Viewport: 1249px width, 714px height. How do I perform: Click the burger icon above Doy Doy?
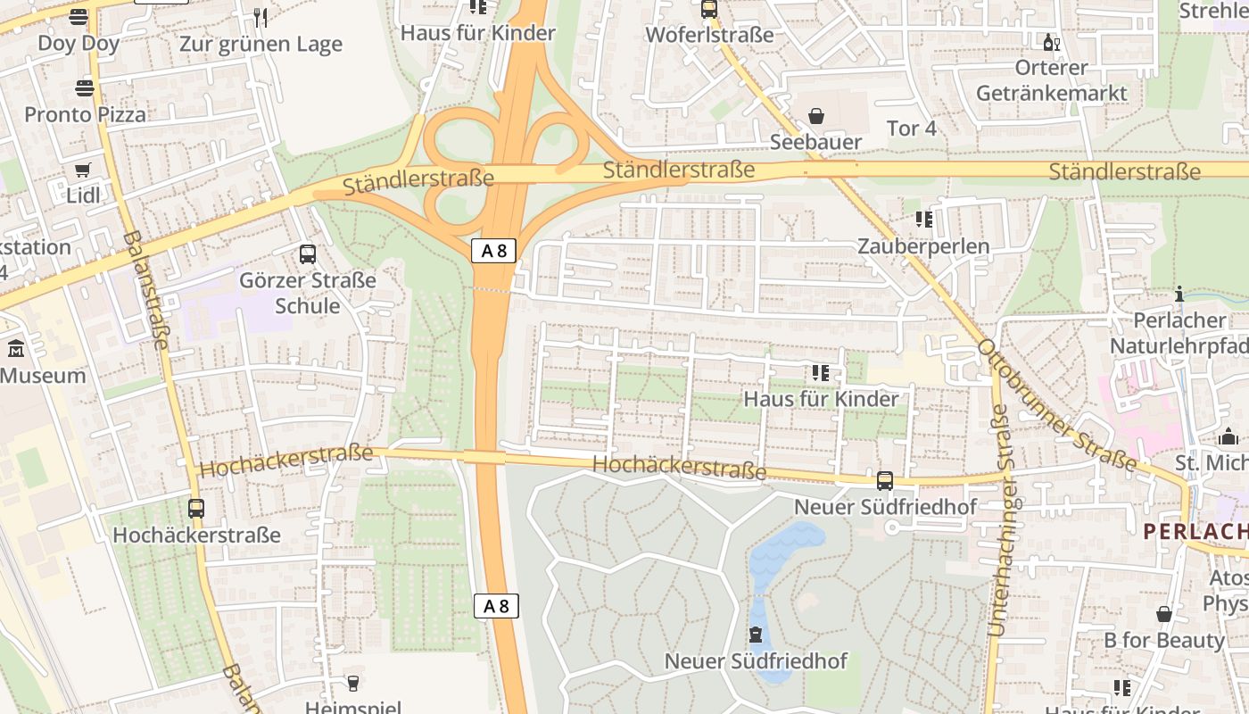point(79,16)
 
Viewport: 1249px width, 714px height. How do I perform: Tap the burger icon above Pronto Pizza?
point(85,87)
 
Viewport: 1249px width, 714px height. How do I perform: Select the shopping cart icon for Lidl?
point(83,170)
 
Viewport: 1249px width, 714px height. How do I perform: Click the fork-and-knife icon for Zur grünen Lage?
point(261,17)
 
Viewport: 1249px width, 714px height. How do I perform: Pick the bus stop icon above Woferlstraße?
point(708,9)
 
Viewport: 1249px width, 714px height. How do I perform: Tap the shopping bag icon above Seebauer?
point(815,116)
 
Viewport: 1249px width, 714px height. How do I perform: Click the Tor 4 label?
point(912,129)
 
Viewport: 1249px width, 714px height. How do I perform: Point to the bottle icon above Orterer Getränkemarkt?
point(1050,42)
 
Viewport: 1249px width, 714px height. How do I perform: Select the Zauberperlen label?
point(923,246)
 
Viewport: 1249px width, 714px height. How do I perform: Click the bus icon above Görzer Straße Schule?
point(308,254)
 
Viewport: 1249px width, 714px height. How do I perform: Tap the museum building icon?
point(16,349)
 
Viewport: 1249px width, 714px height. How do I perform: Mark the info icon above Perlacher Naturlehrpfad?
point(1179,294)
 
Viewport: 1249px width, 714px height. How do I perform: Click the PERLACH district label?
point(1195,532)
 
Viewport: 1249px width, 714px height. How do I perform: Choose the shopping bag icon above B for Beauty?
point(1164,614)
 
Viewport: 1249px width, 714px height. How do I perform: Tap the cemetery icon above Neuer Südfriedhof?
point(756,635)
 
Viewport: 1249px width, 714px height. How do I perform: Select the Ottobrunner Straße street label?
point(1057,406)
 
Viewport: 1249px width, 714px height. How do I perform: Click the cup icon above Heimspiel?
point(353,683)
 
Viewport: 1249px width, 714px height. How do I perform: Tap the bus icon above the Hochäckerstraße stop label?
point(196,509)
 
